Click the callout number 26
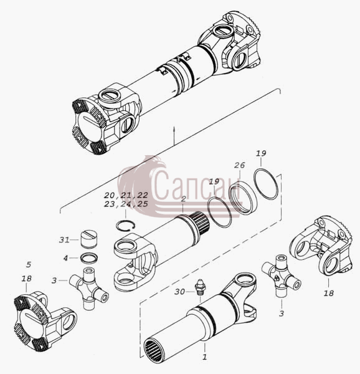tap(239, 165)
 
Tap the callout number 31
tap(64, 240)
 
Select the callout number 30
tap(179, 292)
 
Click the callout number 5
tap(29, 264)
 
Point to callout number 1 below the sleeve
tap(204, 357)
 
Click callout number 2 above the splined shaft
tap(183, 199)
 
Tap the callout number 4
tap(65, 258)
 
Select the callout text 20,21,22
tap(126, 195)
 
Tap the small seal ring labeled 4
tap(89, 258)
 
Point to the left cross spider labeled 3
tap(88, 288)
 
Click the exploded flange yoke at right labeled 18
tap(321, 247)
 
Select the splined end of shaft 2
tap(201, 223)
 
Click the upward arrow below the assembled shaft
tap(174, 135)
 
